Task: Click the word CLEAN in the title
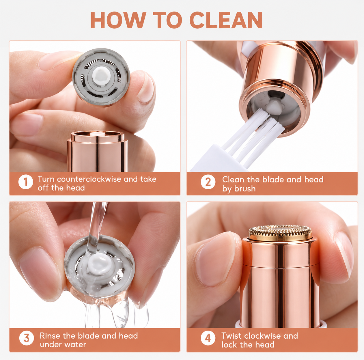(226, 20)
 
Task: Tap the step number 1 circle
(26, 182)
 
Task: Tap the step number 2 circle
(208, 182)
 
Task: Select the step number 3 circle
(27, 338)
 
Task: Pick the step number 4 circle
(208, 338)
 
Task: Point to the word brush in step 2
(245, 189)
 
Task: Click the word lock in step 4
(229, 345)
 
